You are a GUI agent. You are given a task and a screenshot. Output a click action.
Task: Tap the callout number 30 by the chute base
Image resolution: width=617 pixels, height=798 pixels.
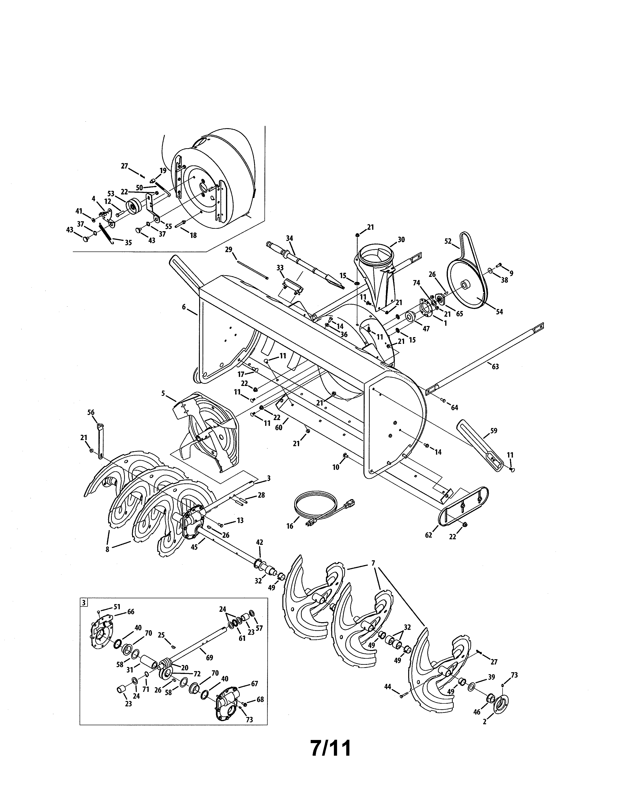click(x=401, y=239)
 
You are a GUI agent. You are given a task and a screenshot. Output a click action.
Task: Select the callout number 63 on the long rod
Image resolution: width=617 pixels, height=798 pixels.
click(x=495, y=367)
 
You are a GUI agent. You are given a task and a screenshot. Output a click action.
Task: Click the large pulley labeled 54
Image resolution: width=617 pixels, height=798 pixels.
click(x=466, y=287)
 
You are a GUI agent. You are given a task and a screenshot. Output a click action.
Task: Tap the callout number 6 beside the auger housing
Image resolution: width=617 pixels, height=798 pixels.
click(x=184, y=307)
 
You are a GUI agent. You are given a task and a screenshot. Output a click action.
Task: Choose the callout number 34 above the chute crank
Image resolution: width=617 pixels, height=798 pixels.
click(x=289, y=238)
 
